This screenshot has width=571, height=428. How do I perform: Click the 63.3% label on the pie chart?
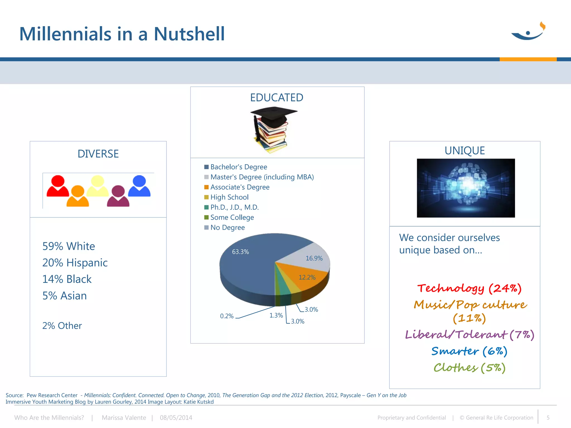point(240,252)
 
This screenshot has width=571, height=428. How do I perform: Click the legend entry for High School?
point(229,197)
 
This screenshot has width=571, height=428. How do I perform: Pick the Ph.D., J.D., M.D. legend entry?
point(234,207)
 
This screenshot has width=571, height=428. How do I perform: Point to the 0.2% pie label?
point(227,316)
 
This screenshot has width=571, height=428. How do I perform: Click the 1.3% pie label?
point(276,315)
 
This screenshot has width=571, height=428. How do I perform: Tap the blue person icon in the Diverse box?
point(139,186)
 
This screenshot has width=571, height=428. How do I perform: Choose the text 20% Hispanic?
point(75,263)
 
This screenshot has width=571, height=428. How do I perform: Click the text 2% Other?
point(62,326)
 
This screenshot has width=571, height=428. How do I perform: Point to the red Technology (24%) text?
point(469,288)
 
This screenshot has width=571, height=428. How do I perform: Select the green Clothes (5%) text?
point(470,368)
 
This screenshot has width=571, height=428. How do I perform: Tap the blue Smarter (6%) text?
point(469,351)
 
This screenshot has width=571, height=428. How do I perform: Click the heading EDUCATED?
point(277,98)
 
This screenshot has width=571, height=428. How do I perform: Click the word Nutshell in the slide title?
point(189,34)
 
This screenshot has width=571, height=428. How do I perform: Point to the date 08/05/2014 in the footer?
point(176,418)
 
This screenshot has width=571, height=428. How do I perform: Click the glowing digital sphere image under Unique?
point(466,188)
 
